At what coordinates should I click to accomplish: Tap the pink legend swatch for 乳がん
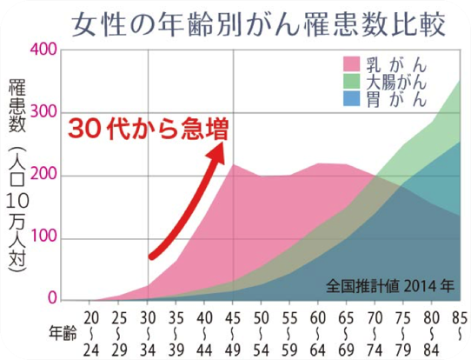[352, 65]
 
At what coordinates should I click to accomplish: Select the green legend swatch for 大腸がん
[352, 83]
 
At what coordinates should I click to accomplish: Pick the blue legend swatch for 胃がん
[352, 99]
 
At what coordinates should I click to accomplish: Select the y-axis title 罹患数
[17, 109]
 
